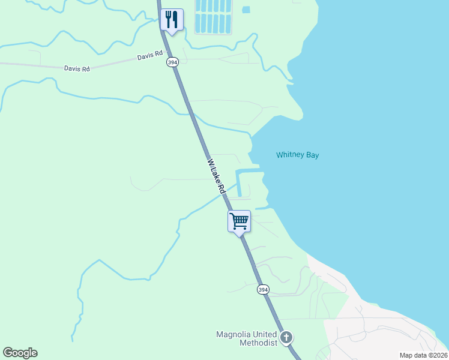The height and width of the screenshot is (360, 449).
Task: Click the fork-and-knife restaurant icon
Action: click(172, 20)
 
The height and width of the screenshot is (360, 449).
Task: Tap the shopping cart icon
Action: click(239, 221)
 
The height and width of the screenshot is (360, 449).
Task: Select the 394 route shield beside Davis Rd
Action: click(172, 62)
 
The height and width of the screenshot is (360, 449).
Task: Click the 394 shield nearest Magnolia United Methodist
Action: click(263, 290)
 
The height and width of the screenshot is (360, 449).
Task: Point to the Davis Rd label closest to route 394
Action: click(149, 56)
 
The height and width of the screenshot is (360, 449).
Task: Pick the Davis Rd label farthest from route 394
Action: click(77, 69)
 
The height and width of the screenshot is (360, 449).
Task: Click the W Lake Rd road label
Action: click(215, 174)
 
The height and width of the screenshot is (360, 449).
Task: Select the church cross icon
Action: click(286, 337)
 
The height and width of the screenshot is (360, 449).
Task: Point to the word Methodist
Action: click(258, 343)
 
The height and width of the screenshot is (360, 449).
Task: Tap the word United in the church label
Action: click(267, 334)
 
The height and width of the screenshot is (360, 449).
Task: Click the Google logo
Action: click(20, 353)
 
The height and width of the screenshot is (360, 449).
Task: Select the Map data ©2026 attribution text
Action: click(423, 355)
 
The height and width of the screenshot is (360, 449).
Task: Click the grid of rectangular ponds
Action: click(213, 16)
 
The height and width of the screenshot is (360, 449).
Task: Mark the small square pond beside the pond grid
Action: click(246, 10)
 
